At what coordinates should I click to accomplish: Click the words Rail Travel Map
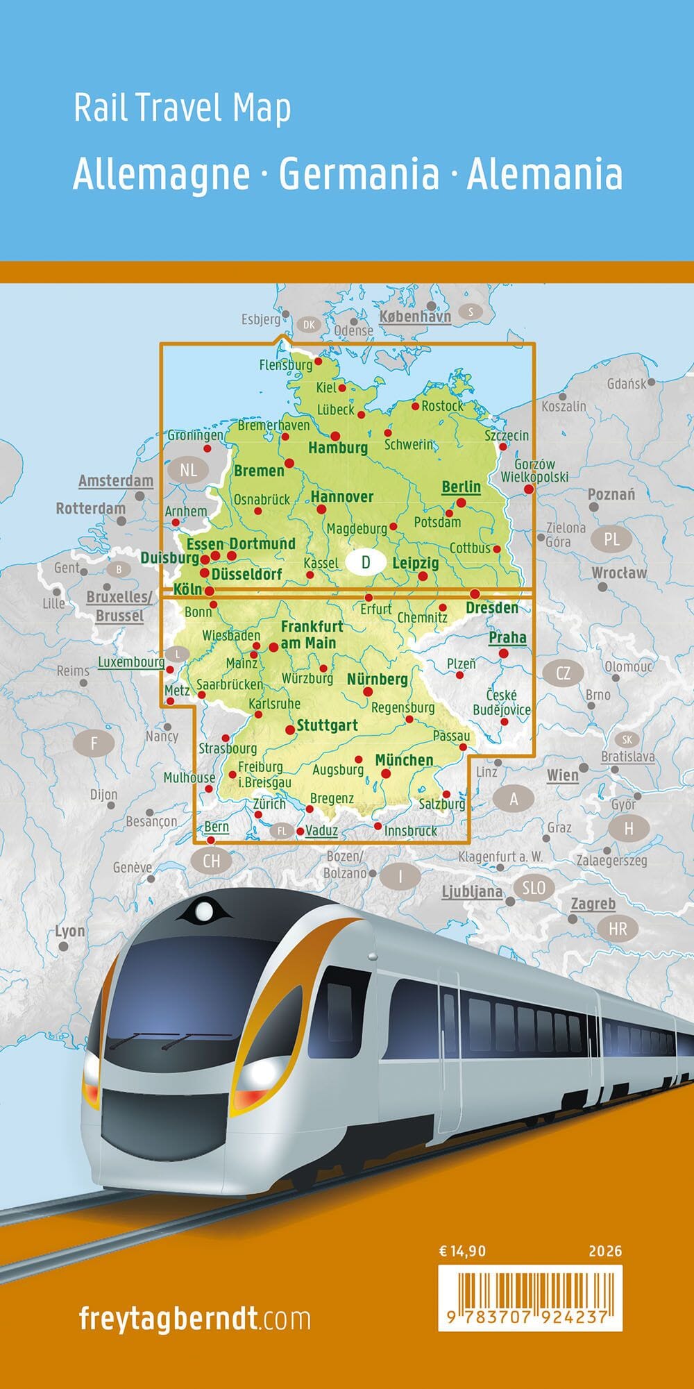(x=182, y=108)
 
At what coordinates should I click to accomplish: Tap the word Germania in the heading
(x=359, y=174)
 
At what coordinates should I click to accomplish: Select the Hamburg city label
(x=338, y=448)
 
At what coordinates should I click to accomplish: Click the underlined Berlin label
(x=461, y=487)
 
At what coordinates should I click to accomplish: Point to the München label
(x=404, y=760)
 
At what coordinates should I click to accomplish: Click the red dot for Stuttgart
(x=290, y=730)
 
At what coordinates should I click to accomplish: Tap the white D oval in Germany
(x=366, y=562)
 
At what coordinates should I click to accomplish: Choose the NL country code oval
(x=188, y=470)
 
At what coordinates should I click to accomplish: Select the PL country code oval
(x=611, y=539)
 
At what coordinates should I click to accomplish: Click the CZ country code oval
(x=563, y=672)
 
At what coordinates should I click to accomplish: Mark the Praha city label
(x=507, y=637)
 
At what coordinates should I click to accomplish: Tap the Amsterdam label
(x=115, y=481)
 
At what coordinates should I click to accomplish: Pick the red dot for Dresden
(x=475, y=594)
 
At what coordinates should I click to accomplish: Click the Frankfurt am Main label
(x=311, y=634)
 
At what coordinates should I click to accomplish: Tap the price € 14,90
(x=462, y=1252)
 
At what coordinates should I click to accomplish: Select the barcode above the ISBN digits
(x=530, y=1288)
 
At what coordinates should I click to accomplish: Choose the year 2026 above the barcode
(x=605, y=1252)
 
